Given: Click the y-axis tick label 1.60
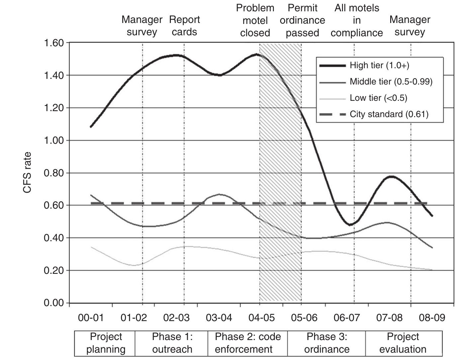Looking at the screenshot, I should pyautogui.click(x=54, y=43).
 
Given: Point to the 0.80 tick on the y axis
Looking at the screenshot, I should pyautogui.click(x=54, y=173).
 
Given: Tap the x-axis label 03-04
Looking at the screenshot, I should pyautogui.click(x=219, y=317).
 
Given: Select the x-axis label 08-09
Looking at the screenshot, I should pyautogui.click(x=432, y=317).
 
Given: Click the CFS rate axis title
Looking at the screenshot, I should pyautogui.click(x=28, y=172).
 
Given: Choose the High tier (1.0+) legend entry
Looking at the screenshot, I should pyautogui.click(x=379, y=65).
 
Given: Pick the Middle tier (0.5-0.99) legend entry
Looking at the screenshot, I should pyautogui.click(x=391, y=82).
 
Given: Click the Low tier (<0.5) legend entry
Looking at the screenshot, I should pyautogui.click(x=378, y=98).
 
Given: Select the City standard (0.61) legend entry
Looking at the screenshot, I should pyautogui.click(x=389, y=114).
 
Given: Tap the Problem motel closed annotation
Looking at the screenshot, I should pyautogui.click(x=255, y=20).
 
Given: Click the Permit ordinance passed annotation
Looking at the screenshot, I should pyautogui.click(x=302, y=20).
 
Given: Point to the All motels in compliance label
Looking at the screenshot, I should pyautogui.click(x=357, y=20).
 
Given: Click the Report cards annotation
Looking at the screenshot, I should pyautogui.click(x=184, y=26).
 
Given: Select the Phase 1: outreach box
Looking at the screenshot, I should pyautogui.click(x=172, y=343).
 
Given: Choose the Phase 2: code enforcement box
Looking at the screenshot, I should pyautogui.click(x=248, y=343).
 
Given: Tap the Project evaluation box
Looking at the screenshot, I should pyautogui.click(x=403, y=343).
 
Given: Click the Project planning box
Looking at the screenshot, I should pyautogui.click(x=106, y=343).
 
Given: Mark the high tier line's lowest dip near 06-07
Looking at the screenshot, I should pyautogui.click(x=350, y=225).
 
